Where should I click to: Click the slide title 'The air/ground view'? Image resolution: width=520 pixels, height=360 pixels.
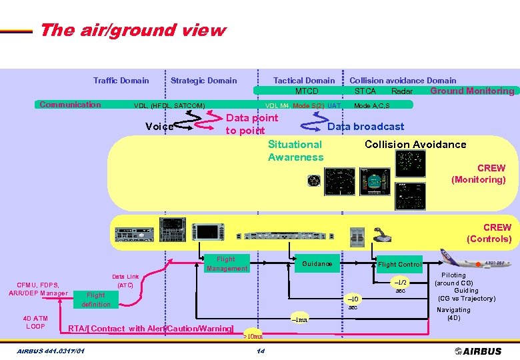(132, 31)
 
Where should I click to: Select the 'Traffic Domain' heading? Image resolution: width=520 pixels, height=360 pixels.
(121, 81)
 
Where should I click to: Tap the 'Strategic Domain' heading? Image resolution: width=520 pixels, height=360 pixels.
(203, 81)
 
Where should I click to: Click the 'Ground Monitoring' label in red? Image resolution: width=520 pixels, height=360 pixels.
(472, 91)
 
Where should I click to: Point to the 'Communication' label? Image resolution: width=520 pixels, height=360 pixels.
(70, 104)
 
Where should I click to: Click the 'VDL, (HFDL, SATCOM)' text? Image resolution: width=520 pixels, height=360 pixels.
(169, 105)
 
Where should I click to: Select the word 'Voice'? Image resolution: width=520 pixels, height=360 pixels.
(159, 127)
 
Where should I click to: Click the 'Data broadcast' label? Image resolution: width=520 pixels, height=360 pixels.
(365, 127)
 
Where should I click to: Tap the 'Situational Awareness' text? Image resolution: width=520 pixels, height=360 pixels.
(295, 151)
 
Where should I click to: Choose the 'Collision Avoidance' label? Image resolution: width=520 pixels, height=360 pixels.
(415, 145)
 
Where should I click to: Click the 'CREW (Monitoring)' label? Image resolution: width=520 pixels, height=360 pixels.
(479, 174)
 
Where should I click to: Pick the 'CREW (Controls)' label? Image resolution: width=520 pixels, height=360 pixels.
(489, 233)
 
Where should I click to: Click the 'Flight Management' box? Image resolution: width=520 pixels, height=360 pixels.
(226, 264)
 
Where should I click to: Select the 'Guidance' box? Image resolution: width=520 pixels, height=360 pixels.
(317, 264)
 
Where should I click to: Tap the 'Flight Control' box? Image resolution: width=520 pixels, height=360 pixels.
(399, 265)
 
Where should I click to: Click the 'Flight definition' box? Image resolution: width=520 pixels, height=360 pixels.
(96, 299)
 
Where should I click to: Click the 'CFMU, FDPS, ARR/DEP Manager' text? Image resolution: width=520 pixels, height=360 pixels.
(38, 289)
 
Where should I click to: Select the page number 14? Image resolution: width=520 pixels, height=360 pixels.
(261, 351)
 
